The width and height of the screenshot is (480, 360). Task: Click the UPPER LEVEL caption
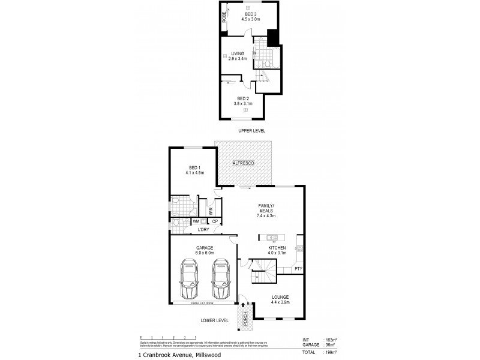(251, 131)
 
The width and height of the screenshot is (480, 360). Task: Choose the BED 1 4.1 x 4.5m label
(195, 170)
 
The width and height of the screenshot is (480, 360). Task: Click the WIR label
(211, 211)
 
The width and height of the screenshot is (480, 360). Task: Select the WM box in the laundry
(196, 222)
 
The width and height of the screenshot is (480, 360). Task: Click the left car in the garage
(190, 279)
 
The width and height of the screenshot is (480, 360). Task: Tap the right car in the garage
(221, 279)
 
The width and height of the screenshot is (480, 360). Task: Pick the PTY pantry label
(298, 269)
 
